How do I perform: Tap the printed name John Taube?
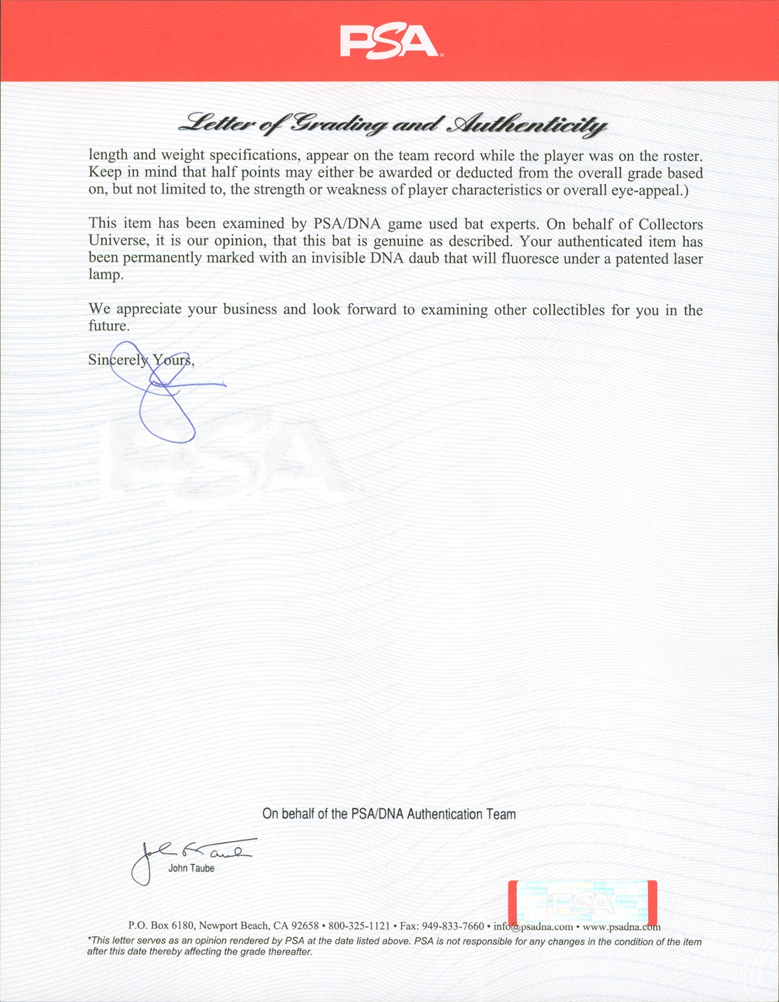tap(191, 868)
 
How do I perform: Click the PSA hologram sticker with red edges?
tap(583, 902)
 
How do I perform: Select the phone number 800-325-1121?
tap(359, 926)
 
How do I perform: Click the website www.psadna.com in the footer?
tap(622, 927)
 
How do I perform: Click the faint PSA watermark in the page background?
tap(223, 462)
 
